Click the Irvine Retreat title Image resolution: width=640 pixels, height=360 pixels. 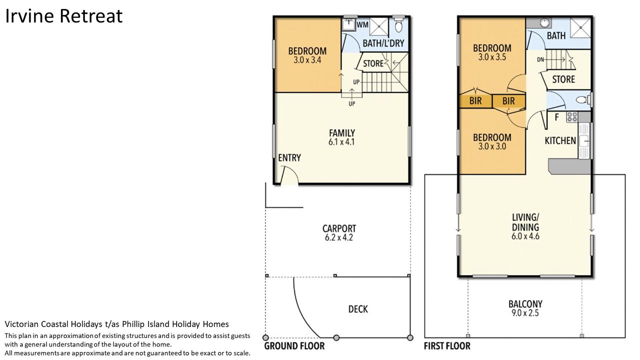point(64,16)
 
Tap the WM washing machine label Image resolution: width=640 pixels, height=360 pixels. point(362,24)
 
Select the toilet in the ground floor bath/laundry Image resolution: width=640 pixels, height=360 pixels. point(398,24)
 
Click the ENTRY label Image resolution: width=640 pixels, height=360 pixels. point(289,157)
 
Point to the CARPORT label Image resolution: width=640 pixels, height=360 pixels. point(339,228)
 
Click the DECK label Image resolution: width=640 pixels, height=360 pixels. point(358,309)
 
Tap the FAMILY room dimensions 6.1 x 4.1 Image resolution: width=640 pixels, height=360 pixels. point(341,142)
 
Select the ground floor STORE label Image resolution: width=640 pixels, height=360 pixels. point(373,63)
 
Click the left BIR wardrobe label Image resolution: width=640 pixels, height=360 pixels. point(475,101)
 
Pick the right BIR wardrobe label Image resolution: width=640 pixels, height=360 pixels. point(508,101)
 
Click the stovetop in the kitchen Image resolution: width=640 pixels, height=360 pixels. point(572,117)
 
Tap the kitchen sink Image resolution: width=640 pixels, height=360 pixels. point(584,141)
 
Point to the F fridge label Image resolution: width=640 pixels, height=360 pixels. point(556,117)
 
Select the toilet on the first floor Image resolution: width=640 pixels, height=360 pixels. point(582,100)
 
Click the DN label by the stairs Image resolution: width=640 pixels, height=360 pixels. point(540,59)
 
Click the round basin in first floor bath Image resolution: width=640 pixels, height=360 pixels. point(545,23)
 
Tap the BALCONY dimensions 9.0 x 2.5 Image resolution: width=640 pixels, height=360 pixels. point(525,313)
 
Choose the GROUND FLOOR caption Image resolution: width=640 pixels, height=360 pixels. point(294,346)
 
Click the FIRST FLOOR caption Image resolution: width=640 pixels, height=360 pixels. point(447,346)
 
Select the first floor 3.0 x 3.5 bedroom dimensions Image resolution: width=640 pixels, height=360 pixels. point(492,57)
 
